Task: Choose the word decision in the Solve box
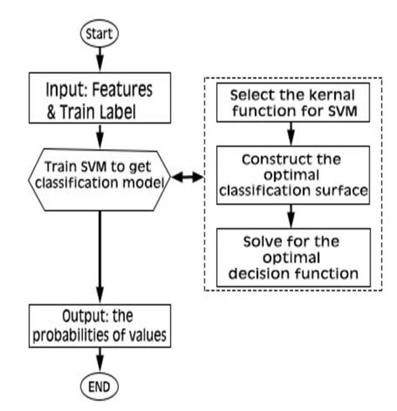(267, 272)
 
